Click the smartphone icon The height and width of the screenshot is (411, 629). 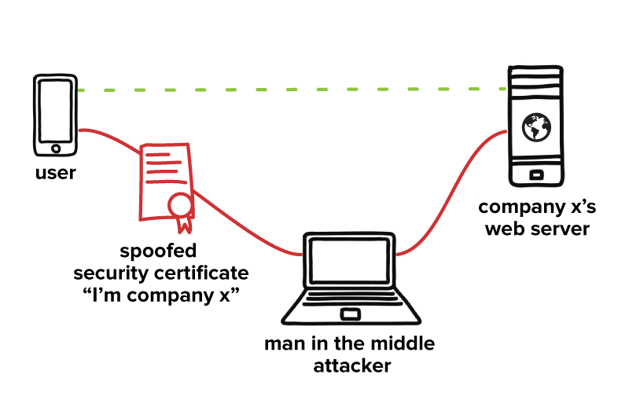(55, 116)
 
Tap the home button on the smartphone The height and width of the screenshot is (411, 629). (55, 148)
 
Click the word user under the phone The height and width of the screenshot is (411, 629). (55, 173)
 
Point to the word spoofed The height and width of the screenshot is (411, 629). (158, 251)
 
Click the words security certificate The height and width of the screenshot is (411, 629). (160, 273)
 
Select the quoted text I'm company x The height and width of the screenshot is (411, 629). (160, 295)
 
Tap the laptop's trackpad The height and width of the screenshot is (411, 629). (350, 314)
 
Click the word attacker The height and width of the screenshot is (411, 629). (350, 366)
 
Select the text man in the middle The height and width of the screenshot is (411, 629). (350, 344)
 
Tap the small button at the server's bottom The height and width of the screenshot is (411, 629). (536, 174)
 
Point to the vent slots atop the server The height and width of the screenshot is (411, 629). (536, 78)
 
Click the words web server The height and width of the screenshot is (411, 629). (536, 229)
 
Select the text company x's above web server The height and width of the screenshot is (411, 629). (536, 207)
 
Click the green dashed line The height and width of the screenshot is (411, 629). (291, 90)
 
